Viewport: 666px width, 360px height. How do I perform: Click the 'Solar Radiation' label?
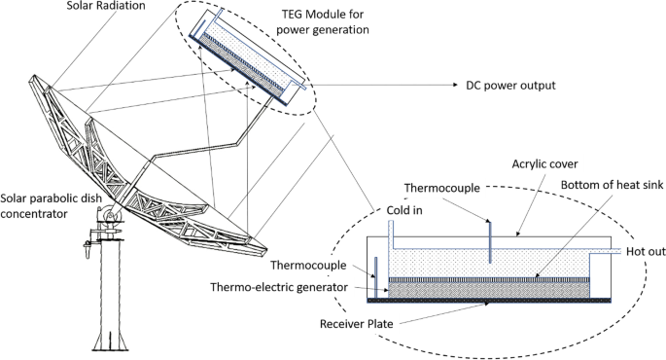click(x=106, y=6)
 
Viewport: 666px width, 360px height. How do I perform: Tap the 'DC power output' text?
click(x=510, y=86)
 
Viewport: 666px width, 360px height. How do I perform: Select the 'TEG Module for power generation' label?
click(x=323, y=21)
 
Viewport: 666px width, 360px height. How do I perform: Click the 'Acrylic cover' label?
click(x=544, y=164)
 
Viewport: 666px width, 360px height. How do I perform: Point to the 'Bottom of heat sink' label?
click(x=612, y=185)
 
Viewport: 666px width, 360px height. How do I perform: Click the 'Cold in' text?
click(x=404, y=210)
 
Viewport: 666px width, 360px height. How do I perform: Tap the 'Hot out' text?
click(x=646, y=252)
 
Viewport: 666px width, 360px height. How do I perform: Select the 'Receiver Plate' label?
click(x=357, y=324)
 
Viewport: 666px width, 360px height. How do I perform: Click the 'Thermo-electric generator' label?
click(x=279, y=287)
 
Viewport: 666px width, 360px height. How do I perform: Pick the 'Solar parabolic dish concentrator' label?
click(x=51, y=205)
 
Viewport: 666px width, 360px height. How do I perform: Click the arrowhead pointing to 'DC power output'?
click(x=456, y=85)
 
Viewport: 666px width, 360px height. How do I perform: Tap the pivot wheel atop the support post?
click(x=111, y=214)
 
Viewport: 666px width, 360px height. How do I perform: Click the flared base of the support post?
click(x=111, y=340)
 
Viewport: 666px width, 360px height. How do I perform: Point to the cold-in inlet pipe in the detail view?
click(x=391, y=234)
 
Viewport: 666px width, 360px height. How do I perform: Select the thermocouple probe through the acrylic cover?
click(x=490, y=242)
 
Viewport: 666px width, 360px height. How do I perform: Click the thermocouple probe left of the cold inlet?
click(x=375, y=277)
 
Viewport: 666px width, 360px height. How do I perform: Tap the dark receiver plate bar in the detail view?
click(x=489, y=301)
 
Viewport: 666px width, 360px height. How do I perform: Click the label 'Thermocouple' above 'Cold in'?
click(x=441, y=189)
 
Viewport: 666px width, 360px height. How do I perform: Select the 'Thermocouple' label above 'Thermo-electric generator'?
click(x=308, y=266)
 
